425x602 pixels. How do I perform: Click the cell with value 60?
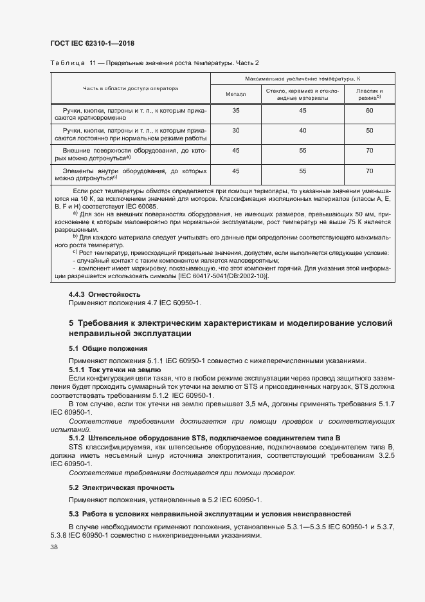pyautogui.click(x=369, y=111)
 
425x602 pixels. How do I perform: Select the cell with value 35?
pyautogui.click(x=235, y=111)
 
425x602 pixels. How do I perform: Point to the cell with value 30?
pyautogui.click(x=235, y=131)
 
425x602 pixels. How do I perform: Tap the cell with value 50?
pyautogui.click(x=369, y=131)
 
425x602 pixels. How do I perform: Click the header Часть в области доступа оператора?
pyautogui.click(x=131, y=88)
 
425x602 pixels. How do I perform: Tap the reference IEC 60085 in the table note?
pyautogui.click(x=149, y=206)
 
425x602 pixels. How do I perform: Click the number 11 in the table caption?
pyautogui.click(x=93, y=62)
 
